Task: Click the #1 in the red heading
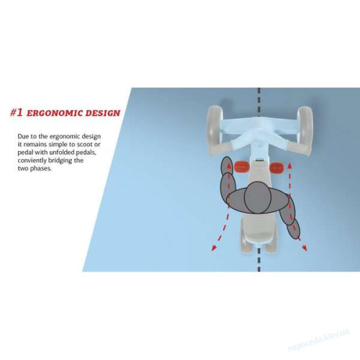[x=17, y=112]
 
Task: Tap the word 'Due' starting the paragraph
[x=23, y=136]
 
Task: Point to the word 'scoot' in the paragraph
[x=85, y=145]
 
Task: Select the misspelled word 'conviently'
[x=32, y=161]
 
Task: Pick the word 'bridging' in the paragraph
[x=60, y=161]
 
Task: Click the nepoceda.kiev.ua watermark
[x=318, y=340]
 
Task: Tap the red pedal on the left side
[x=242, y=167]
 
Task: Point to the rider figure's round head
[x=258, y=197]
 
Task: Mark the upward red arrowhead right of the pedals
[x=289, y=166]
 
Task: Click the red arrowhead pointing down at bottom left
[x=214, y=248]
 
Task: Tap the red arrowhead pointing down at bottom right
[x=305, y=248]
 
